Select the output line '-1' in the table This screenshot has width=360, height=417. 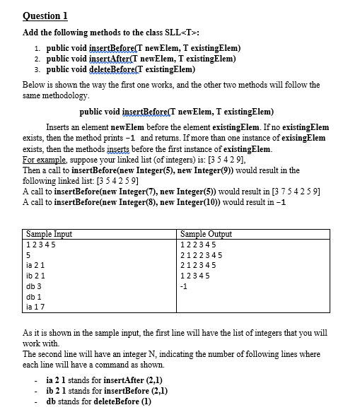[x=185, y=287]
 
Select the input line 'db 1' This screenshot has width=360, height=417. [x=33, y=297]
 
